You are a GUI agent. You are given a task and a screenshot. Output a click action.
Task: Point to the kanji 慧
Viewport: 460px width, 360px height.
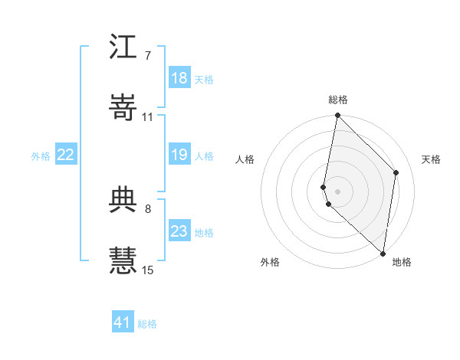click(x=123, y=258)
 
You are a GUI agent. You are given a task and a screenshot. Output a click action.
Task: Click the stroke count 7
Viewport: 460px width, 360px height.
click(x=147, y=57)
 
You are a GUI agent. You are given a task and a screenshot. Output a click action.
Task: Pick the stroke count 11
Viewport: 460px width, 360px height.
click(x=147, y=117)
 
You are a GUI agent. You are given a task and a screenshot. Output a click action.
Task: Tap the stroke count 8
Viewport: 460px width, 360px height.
click(x=147, y=208)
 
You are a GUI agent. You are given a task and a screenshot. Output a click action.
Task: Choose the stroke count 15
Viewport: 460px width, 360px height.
click(x=148, y=270)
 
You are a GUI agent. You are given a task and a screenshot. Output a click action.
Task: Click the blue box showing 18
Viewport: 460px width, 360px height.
click(x=179, y=78)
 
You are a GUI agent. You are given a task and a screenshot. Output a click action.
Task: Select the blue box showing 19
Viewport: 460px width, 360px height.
click(x=179, y=155)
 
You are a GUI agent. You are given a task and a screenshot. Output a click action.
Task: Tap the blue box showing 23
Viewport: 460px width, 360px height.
click(x=179, y=231)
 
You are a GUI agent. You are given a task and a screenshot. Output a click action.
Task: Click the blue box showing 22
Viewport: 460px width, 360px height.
click(x=66, y=155)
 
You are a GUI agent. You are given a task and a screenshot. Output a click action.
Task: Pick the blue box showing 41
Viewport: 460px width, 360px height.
click(x=123, y=322)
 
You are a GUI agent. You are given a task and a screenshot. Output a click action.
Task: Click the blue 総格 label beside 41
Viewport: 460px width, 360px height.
click(x=147, y=324)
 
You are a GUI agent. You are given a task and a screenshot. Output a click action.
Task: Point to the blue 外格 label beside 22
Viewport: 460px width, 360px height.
click(x=41, y=156)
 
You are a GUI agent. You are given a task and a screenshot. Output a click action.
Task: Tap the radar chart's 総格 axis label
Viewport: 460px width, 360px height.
click(x=338, y=100)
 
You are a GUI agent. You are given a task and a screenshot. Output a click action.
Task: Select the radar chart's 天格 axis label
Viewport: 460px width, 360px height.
click(x=431, y=159)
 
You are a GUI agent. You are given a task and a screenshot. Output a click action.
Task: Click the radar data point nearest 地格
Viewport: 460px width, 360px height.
click(x=383, y=253)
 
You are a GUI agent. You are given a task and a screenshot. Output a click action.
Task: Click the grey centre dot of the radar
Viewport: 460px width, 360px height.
click(x=338, y=191)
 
